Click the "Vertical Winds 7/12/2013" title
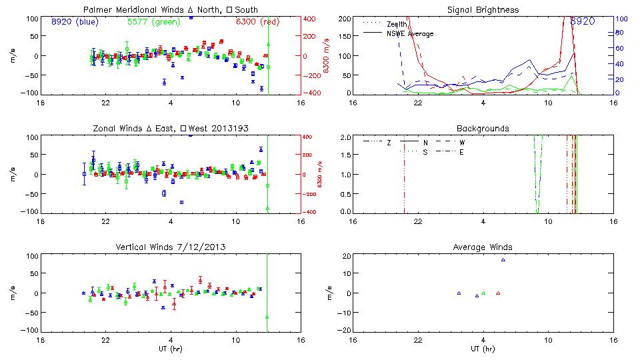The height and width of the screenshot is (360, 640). click(171, 247)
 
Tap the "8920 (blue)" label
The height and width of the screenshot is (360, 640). click(75, 21)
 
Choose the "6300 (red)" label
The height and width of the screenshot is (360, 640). click(258, 21)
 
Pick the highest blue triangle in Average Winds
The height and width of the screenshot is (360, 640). click(503, 260)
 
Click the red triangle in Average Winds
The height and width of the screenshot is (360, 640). click(498, 293)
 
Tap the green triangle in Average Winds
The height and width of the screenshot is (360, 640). click(483, 293)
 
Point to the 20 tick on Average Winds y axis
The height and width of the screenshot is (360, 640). click(346, 256)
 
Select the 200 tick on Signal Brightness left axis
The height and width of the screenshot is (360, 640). click(344, 19)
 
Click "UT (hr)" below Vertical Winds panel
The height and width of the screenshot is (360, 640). click(171, 349)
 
